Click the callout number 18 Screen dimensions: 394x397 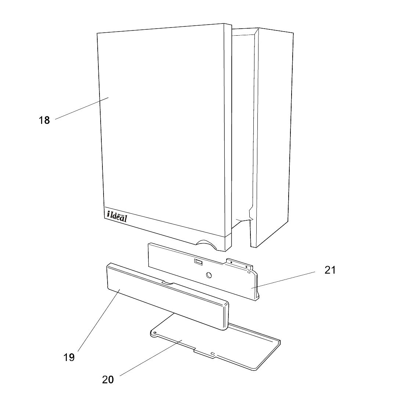click(44, 120)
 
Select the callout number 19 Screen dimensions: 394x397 click(69, 357)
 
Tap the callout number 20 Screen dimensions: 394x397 click(108, 379)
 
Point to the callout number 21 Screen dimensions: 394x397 click(330, 270)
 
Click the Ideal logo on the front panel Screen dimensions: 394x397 click(117, 216)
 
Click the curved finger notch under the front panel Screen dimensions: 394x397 click(208, 245)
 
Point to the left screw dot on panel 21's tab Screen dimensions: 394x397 click(231, 262)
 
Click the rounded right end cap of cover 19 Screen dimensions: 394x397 click(224, 315)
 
